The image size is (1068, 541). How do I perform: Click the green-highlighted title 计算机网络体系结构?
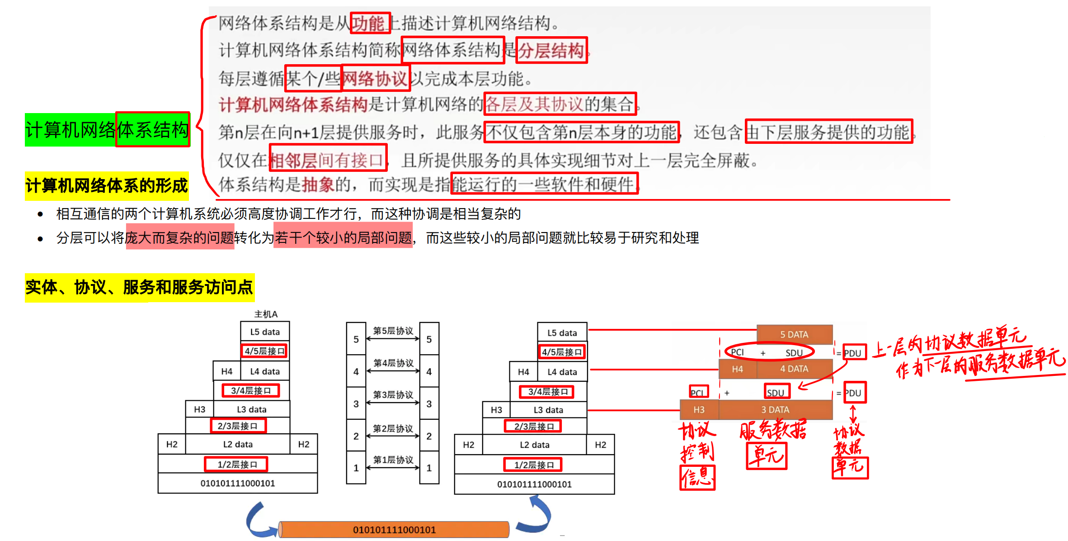pos(107,130)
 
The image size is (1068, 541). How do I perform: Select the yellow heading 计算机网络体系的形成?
pos(107,186)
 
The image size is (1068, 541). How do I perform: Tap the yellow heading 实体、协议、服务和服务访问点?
pos(139,287)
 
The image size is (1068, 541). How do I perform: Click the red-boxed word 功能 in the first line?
pos(369,23)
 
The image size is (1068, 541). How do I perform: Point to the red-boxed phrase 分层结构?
pos(551,50)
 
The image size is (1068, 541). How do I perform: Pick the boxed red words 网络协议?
pos(375,79)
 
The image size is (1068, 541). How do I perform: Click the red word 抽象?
pos(318,185)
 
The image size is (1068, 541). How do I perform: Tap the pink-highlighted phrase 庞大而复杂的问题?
pos(180,237)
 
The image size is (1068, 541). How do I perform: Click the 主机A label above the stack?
pos(266,314)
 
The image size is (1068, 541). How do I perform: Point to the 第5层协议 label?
pos(393,331)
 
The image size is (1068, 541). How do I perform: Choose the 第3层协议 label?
pos(393,395)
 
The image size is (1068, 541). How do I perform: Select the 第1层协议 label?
pos(393,460)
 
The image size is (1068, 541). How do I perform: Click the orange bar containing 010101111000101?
pos(394,530)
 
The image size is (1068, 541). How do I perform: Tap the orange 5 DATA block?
pos(794,335)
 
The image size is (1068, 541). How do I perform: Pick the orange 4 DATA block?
pos(794,369)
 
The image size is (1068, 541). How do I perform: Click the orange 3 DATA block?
pos(775,410)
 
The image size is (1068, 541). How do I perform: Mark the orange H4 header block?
pos(737,369)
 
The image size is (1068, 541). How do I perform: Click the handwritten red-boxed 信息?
pos(697,477)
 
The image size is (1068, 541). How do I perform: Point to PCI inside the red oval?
pos(737,352)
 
